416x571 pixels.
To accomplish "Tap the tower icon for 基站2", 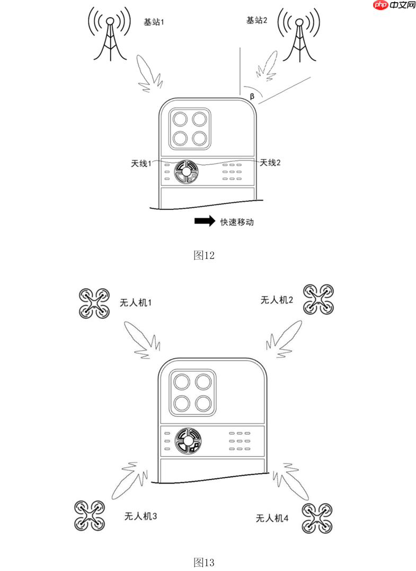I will tap(299, 34).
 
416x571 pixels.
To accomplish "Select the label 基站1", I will tap(154, 22).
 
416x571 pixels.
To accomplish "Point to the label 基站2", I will tap(256, 20).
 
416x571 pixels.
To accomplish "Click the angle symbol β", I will tap(252, 96).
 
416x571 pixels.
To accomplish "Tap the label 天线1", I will tap(141, 163).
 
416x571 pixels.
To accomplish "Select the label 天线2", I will tap(270, 162).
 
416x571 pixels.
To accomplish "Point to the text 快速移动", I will tap(237, 222).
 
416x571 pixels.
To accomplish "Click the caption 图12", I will tap(204, 255).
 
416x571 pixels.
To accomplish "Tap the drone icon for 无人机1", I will tap(94, 304).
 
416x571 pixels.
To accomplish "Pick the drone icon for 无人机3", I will tap(88, 515).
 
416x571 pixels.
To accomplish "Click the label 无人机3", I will tap(140, 515).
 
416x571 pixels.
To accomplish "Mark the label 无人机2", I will tap(277, 300).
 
